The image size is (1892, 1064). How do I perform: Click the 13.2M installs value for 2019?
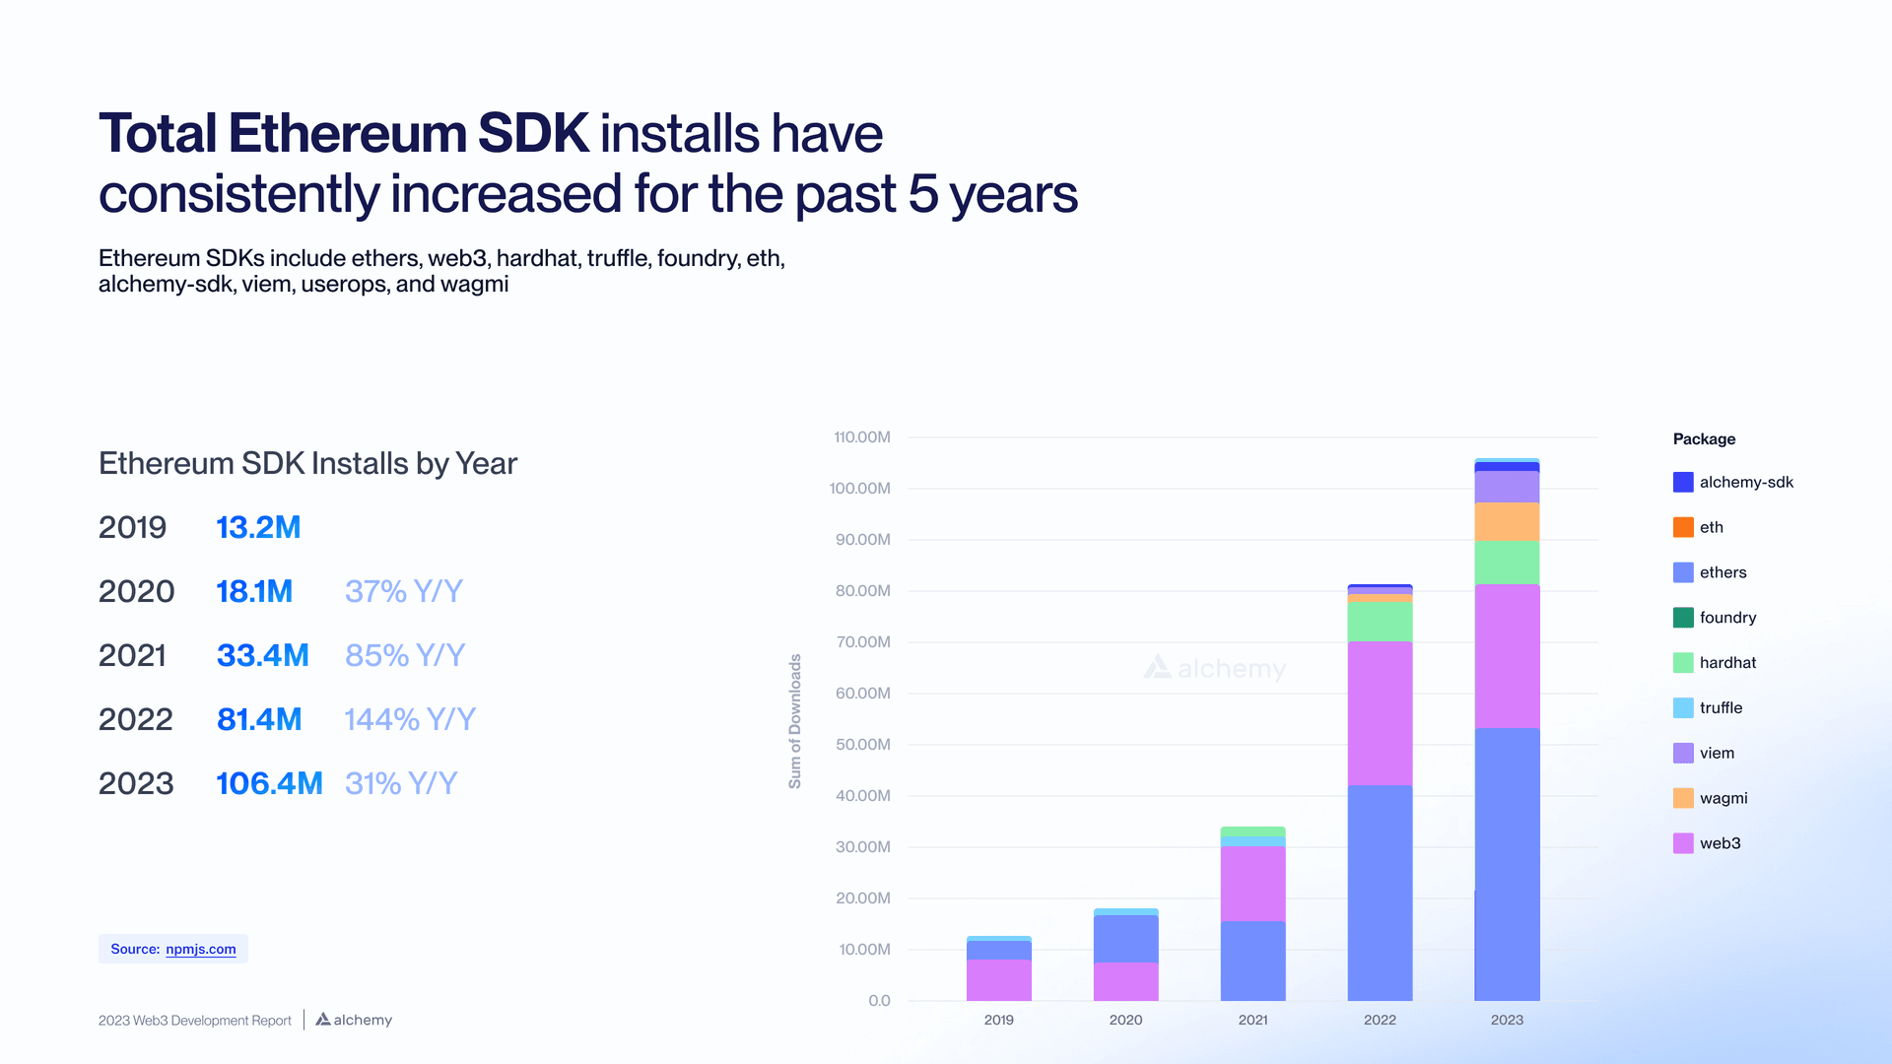pyautogui.click(x=258, y=527)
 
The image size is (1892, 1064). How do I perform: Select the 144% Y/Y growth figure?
pyautogui.click(x=409, y=719)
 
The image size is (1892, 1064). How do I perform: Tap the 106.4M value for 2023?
pyautogui.click(x=269, y=783)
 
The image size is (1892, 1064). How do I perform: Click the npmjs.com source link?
pyautogui.click(x=201, y=949)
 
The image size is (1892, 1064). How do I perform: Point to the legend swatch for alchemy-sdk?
pyautogui.click(x=1683, y=482)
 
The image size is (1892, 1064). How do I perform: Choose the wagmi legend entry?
pyautogui.click(x=1723, y=798)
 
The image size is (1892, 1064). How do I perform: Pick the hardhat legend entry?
pyautogui.click(x=1726, y=663)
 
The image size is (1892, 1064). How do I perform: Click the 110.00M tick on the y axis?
pyautogui.click(x=861, y=436)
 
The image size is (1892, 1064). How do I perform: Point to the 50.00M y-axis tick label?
pyautogui.click(x=862, y=744)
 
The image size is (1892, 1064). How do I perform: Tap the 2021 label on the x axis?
pyautogui.click(x=1252, y=1020)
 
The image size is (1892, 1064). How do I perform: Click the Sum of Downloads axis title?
pyautogui.click(x=794, y=721)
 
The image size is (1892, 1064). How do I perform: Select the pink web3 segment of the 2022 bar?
pyautogui.click(x=1380, y=713)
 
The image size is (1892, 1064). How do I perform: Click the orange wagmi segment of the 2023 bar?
pyautogui.click(x=1507, y=521)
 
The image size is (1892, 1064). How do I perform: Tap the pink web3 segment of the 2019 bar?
pyautogui.click(x=998, y=979)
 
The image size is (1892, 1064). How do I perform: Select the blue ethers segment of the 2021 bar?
pyautogui.click(x=1252, y=961)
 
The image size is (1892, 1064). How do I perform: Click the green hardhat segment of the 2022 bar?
pyautogui.click(x=1380, y=622)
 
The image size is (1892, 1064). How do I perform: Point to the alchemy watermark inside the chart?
pyautogui.click(x=1215, y=668)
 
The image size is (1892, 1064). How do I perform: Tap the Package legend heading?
pyautogui.click(x=1704, y=438)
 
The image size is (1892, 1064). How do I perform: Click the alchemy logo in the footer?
pyautogui.click(x=354, y=1020)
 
